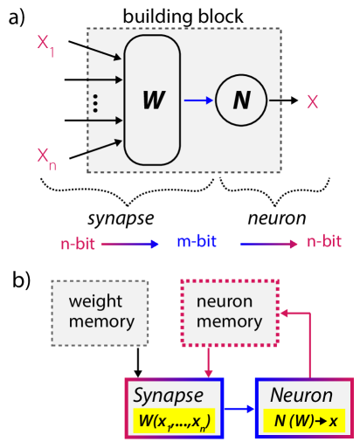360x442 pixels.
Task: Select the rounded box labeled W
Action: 152,100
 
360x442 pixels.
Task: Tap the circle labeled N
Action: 241,100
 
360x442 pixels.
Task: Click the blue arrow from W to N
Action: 198,100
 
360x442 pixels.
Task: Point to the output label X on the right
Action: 312,102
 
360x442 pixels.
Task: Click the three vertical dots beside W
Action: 95,104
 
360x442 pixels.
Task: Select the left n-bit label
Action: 78,245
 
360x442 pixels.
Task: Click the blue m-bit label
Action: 197,242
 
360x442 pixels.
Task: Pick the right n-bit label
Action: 323,242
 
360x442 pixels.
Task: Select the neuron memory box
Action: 229,312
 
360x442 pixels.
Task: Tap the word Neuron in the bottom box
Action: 301,396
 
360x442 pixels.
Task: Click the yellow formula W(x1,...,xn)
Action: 175,421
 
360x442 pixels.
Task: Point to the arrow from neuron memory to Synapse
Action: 209,362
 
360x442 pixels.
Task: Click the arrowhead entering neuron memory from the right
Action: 283,312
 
